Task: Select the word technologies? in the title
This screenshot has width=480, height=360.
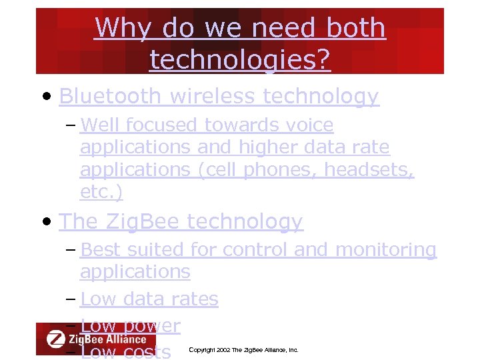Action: pyautogui.click(x=240, y=60)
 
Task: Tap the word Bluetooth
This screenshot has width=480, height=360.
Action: pyautogui.click(x=110, y=97)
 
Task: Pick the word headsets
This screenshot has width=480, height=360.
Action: pyautogui.click(x=369, y=170)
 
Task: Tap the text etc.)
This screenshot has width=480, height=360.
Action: pyautogui.click(x=101, y=192)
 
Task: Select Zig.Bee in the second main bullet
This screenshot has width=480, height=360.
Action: pyautogui.click(x=138, y=221)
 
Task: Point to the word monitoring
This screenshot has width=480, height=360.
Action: pyautogui.click(x=386, y=250)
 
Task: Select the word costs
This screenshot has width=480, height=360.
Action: pyautogui.click(x=147, y=351)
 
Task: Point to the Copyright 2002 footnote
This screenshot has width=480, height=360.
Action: pyautogui.click(x=243, y=350)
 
